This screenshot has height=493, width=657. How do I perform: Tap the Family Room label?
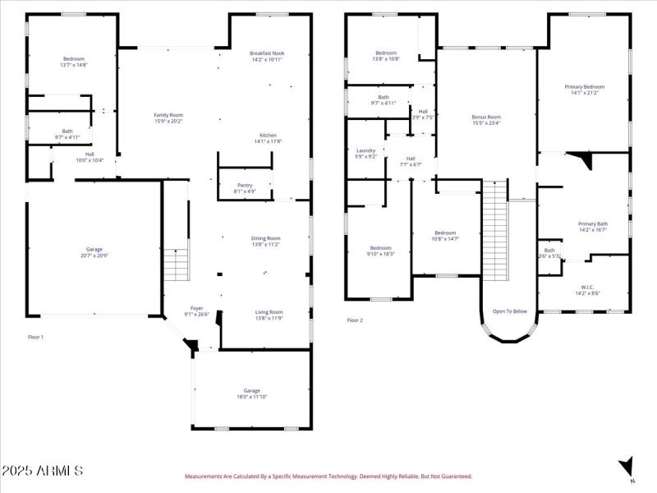pyautogui.click(x=168, y=115)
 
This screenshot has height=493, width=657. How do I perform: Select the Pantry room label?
pyautogui.click(x=245, y=185)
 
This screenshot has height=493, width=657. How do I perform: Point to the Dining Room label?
pyautogui.click(x=265, y=238)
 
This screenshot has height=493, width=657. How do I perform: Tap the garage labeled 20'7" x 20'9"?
pyautogui.click(x=94, y=253)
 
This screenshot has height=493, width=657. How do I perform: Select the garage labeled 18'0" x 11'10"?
pyautogui.click(x=251, y=394)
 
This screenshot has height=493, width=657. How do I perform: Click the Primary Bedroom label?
pyautogui.click(x=584, y=86)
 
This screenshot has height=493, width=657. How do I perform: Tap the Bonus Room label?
pyautogui.click(x=486, y=117)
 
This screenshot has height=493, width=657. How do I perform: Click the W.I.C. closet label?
pyautogui.click(x=587, y=288)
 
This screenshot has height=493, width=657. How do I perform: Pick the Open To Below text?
pyautogui.click(x=509, y=311)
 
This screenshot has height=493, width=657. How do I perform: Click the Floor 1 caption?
pyautogui.click(x=35, y=337)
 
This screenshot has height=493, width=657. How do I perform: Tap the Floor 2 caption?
pyautogui.click(x=354, y=320)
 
